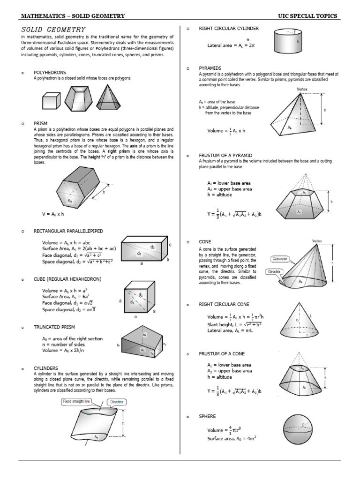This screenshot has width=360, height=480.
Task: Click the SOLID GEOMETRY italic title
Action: pyautogui.click(x=53, y=30)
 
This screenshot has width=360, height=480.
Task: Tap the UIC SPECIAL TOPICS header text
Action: pyautogui.click(x=307, y=16)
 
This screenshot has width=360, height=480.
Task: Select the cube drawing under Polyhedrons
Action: pyautogui.click(x=52, y=100)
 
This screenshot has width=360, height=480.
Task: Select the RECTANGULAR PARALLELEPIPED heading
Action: pyautogui.click(x=68, y=231)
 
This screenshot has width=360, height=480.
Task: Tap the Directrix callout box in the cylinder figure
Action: pyautogui.click(x=116, y=402)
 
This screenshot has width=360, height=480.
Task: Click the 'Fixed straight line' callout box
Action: pyautogui.click(x=78, y=401)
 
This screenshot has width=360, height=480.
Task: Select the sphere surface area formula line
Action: pyautogui.click(x=232, y=438)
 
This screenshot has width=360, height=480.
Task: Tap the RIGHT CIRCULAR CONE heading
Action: pyautogui.click(x=224, y=304)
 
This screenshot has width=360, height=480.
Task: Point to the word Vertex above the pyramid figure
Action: pyautogui.click(x=302, y=89)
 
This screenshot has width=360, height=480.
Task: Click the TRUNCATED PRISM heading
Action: pyautogui.click(x=54, y=327)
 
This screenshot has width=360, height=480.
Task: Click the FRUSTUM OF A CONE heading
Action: pyautogui.click(x=222, y=353)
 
